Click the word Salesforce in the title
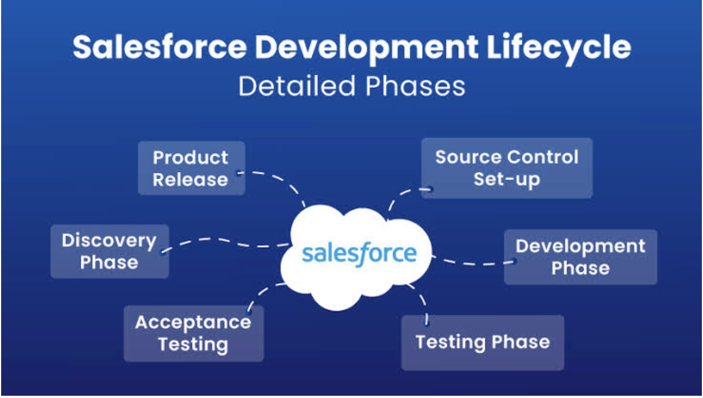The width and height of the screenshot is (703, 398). (x=159, y=47)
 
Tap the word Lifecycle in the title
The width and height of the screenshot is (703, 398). (x=559, y=49)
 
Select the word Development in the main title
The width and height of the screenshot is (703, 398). (x=367, y=49)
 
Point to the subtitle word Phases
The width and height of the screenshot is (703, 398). (x=415, y=86)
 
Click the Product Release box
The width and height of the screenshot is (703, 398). (x=191, y=168)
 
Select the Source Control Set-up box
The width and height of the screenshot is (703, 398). (x=507, y=168)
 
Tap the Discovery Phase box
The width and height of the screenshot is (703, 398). (x=110, y=251)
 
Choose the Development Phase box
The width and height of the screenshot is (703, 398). (x=581, y=257)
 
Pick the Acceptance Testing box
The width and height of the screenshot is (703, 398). (x=194, y=333)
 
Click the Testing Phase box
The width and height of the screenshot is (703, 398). (x=483, y=343)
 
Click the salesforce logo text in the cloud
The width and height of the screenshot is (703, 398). (x=359, y=254)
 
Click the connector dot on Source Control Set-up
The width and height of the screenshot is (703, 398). (x=431, y=189)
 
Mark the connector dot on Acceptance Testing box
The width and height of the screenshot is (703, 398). (x=248, y=311)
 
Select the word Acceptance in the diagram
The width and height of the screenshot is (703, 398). (x=193, y=323)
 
